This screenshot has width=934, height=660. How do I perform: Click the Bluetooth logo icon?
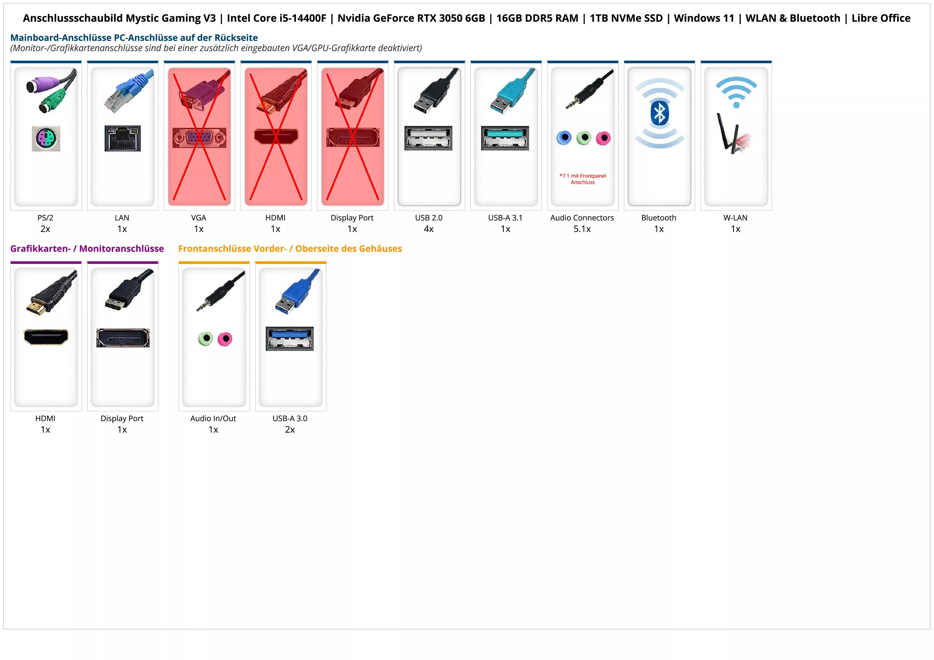(x=659, y=113)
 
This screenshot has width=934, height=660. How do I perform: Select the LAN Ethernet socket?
(x=122, y=138)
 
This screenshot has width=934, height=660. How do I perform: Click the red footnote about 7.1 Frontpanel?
(x=583, y=179)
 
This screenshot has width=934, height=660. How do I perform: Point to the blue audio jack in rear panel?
(x=564, y=138)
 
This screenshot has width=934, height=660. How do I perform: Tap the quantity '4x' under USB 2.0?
(x=429, y=229)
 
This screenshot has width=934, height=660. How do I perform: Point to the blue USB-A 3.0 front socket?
(x=290, y=338)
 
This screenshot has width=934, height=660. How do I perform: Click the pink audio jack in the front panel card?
(x=224, y=339)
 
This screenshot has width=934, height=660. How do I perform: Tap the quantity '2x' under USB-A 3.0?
(x=290, y=430)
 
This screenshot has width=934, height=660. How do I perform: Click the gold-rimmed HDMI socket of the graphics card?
(x=46, y=337)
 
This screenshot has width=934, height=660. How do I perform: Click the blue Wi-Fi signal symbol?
(x=736, y=92)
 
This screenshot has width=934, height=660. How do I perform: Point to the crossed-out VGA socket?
(x=199, y=138)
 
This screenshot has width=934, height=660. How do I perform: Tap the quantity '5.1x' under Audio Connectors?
(x=582, y=229)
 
